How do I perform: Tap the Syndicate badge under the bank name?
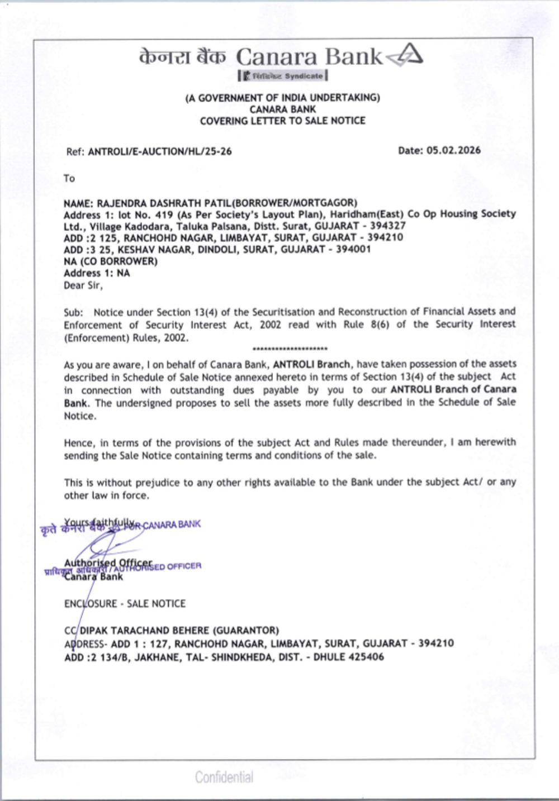pos(283,76)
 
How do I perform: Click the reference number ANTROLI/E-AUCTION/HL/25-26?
pos(160,151)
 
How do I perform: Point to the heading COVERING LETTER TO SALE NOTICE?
pos(282,121)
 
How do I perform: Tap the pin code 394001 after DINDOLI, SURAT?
pos(353,249)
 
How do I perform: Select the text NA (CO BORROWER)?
pos(111,261)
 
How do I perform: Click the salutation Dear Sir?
pos(83,285)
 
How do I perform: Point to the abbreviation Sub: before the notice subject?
pos(73,312)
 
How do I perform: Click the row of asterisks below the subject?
pos(290,349)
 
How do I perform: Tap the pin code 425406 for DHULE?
pos(366,657)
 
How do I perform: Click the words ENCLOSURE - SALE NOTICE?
pos(125,603)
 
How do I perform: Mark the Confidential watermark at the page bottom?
pos(224,777)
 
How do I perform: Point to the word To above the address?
pos(69,178)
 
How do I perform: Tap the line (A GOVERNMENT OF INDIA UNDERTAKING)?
pos(282,98)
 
